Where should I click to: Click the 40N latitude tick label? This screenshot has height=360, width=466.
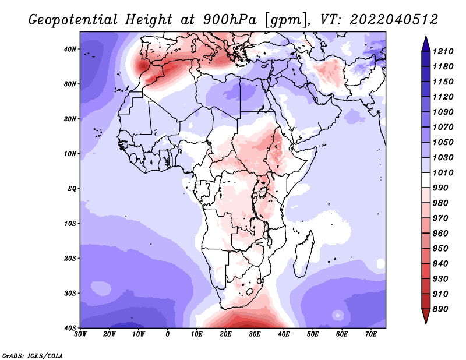click(x=70, y=49)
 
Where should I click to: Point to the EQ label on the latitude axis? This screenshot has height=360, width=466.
click(x=72, y=189)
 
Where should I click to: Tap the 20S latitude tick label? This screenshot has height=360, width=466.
click(x=70, y=258)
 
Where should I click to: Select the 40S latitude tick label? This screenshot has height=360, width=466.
click(x=70, y=328)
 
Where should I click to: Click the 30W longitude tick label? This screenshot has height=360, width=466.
click(x=80, y=334)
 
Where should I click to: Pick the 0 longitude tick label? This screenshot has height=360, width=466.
click(x=168, y=334)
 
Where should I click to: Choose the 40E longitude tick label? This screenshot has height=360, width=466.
click(x=284, y=334)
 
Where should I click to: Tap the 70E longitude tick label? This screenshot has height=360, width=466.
click(x=371, y=334)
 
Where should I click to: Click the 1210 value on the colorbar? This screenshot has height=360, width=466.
click(x=443, y=51)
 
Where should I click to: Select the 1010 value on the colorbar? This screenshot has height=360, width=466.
click(x=443, y=172)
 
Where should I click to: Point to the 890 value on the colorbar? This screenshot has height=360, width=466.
click(x=440, y=309)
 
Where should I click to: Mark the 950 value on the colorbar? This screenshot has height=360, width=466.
click(x=440, y=249)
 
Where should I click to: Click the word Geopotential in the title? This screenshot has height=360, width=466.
click(x=73, y=20)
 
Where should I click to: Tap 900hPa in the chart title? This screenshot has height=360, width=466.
click(x=230, y=20)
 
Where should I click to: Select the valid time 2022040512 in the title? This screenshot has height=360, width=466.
click(x=394, y=20)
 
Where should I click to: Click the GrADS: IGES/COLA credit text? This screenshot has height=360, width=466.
click(x=33, y=355)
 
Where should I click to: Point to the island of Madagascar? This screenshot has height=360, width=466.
click(x=303, y=253)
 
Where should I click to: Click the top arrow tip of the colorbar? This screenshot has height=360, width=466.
click(x=426, y=36)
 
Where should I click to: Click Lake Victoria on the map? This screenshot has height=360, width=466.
click(x=263, y=193)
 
